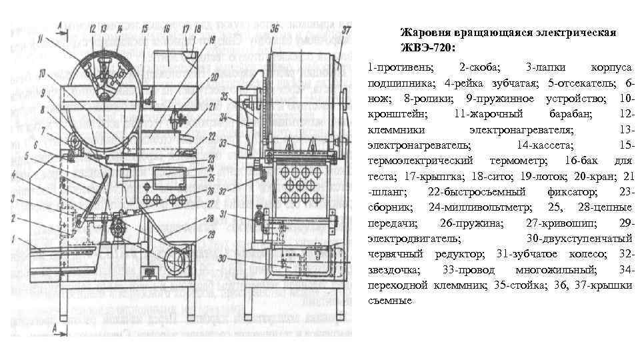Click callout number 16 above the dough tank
point(167,29)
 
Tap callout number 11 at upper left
point(42,41)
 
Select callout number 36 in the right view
point(275,29)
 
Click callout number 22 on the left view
point(212,136)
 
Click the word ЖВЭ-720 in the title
point(427,47)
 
